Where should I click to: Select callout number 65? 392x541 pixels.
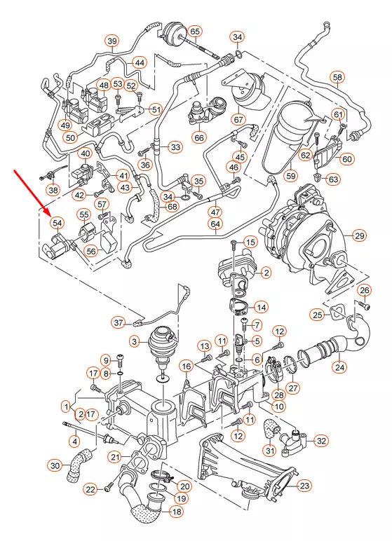[194, 32]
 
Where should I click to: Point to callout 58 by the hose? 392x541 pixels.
[338, 77]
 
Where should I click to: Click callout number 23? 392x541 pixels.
[304, 485]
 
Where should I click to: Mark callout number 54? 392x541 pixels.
[57, 222]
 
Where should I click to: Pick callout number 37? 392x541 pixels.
[119, 322]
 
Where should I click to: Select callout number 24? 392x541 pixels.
[339, 366]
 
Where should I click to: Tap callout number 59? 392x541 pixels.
[290, 175]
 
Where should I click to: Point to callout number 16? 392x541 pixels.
[185, 366]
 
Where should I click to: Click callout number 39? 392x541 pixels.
[111, 42]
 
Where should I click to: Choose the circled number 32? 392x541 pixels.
[321, 441]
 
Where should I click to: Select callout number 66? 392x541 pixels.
[200, 137]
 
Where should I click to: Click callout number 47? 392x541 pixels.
[215, 212]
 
